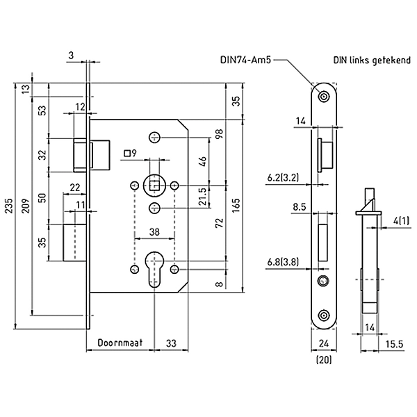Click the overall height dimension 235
[x=8, y=206]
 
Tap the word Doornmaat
[x=120, y=343]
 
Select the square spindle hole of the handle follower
[x=154, y=185]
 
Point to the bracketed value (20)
[x=323, y=359]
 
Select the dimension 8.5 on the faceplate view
[x=300, y=206]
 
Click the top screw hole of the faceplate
[x=324, y=96]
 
